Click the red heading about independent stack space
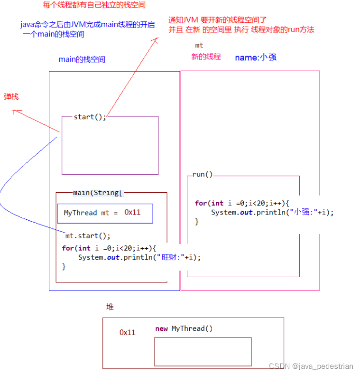coord(94,5)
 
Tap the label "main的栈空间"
coord(82,59)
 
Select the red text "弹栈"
coord(11,96)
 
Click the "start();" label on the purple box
coord(90,117)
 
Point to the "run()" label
coord(203,174)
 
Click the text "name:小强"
coord(256,57)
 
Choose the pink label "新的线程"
coord(206,56)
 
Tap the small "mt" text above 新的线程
coord(199,45)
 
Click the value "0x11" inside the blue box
coord(132,212)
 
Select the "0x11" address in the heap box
coord(127,332)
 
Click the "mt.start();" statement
coord(88,235)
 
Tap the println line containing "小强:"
coord(272,212)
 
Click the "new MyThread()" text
coord(184,328)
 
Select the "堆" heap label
coord(110,307)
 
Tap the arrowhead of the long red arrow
coord(156,40)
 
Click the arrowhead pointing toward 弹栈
coord(15,112)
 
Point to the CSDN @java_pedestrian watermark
coord(311,366)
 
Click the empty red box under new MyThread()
coord(203,351)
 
